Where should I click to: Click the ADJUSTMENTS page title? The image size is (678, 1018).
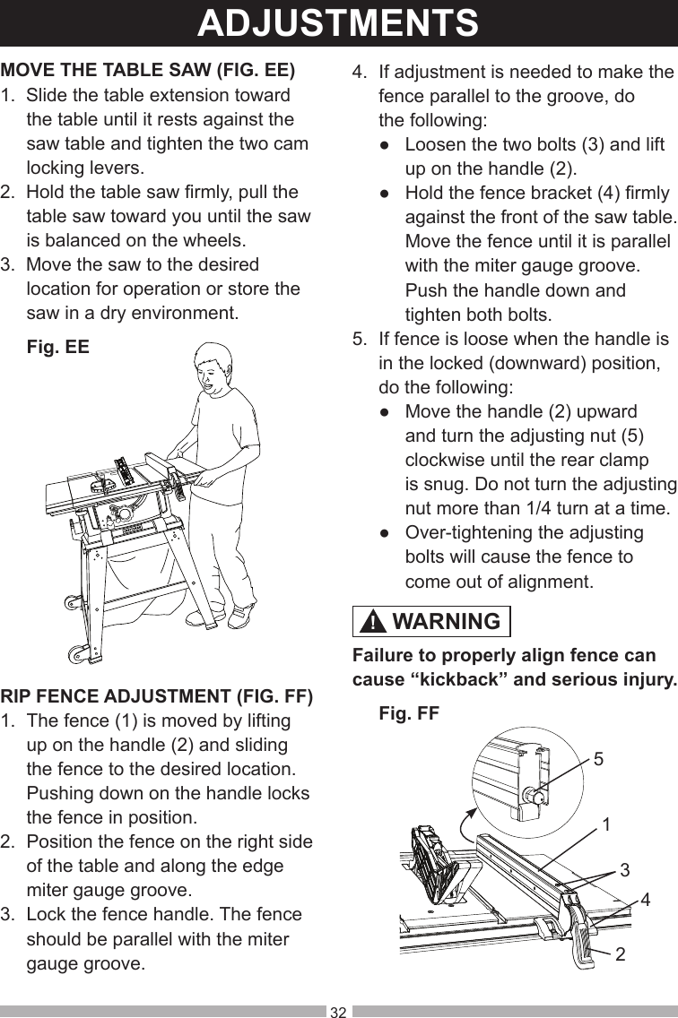pyautogui.click(x=338, y=23)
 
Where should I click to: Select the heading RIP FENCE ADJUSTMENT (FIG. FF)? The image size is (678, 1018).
pyautogui.click(x=157, y=696)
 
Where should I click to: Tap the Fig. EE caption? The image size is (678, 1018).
pyautogui.click(x=58, y=346)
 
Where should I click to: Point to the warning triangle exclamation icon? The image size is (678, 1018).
pyautogui.click(x=375, y=622)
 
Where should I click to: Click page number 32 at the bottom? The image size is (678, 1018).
pyautogui.click(x=338, y=1012)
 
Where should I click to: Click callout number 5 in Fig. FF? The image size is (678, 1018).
pyautogui.click(x=598, y=759)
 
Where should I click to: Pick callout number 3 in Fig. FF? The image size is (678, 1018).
pyautogui.click(x=624, y=869)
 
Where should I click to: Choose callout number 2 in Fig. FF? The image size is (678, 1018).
pyautogui.click(x=621, y=954)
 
